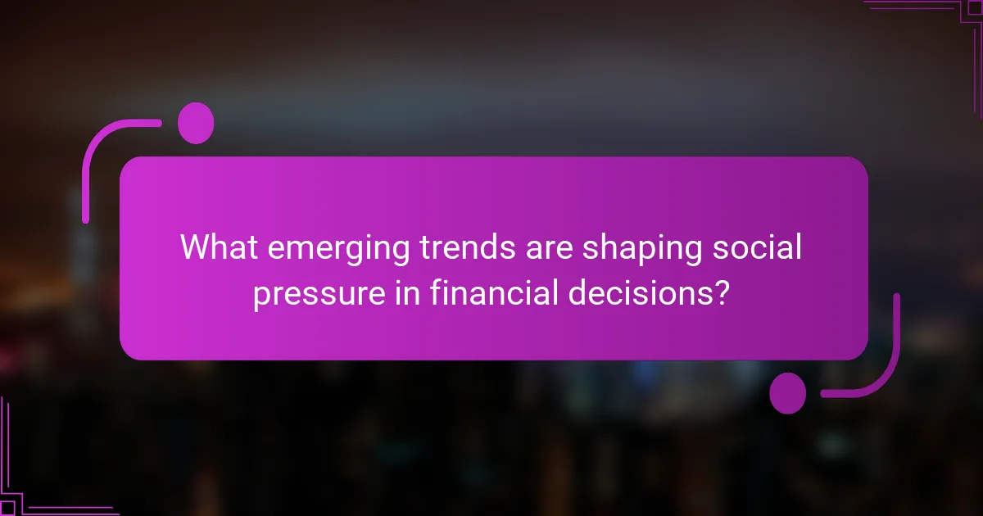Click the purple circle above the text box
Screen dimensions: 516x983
[x=196, y=123]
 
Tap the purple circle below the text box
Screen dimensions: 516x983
[x=788, y=393]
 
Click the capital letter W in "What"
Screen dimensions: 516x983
[x=197, y=247]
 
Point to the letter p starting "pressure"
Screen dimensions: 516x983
[x=261, y=296]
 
